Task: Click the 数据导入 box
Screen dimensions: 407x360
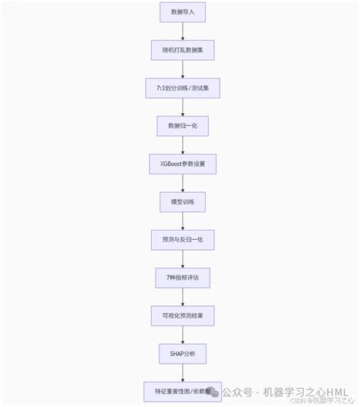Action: coord(182,12)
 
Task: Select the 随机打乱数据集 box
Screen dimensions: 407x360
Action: coord(182,50)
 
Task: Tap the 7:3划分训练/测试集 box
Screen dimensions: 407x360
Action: coord(182,88)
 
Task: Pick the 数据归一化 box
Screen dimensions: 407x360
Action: coord(182,126)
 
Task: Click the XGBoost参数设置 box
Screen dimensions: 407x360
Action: coord(182,164)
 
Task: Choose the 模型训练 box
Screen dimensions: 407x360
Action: coord(182,202)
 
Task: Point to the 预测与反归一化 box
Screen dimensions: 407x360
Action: coord(182,240)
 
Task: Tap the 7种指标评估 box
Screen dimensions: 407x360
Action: coord(182,278)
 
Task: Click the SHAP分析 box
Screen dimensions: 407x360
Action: coord(182,354)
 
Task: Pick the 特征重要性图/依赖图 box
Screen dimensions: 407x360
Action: coord(182,391)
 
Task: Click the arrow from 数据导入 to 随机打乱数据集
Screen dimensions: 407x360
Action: coord(182,31)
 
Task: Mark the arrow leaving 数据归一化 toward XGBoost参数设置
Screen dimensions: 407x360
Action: coord(182,145)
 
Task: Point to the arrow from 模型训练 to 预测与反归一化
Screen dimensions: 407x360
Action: coord(182,221)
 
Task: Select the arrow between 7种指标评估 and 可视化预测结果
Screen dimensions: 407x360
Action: coord(182,297)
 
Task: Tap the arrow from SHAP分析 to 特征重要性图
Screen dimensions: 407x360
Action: coord(182,373)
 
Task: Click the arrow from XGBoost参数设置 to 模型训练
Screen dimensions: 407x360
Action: coord(182,183)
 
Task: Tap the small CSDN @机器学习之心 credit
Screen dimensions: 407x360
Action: coord(327,401)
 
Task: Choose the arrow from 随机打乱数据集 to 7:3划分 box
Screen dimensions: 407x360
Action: coord(182,69)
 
